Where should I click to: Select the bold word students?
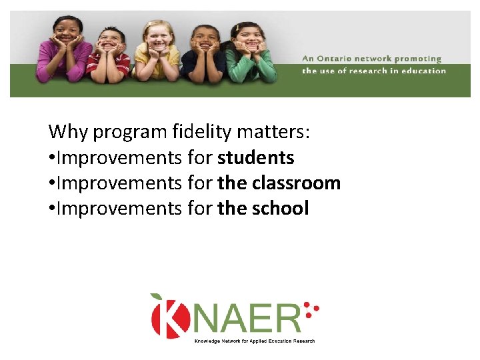(256, 157)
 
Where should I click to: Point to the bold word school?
(280, 208)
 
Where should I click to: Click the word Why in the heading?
(68, 132)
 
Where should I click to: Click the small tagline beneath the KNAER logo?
(254, 341)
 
